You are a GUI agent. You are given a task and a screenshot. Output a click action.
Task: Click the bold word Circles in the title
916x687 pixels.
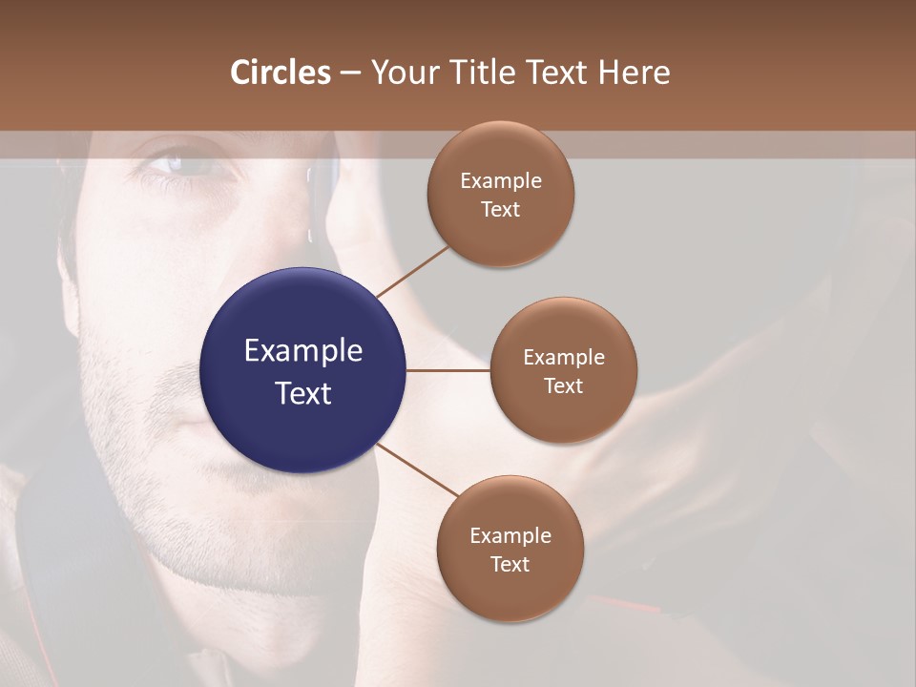coord(281,73)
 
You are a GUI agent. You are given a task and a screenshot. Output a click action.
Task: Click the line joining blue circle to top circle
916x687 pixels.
coord(412,271)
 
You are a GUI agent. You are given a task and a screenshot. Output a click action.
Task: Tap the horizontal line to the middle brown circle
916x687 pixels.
coord(448,370)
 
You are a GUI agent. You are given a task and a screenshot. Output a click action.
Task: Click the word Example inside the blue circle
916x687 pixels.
coord(303,351)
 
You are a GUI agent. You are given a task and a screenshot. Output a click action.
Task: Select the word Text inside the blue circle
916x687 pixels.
coord(303,392)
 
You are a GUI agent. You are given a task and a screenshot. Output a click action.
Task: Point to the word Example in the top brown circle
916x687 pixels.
coord(501,181)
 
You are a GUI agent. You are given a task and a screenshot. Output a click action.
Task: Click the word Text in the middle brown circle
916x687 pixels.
coord(563,385)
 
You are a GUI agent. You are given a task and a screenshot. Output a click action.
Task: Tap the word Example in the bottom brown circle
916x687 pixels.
coord(510,536)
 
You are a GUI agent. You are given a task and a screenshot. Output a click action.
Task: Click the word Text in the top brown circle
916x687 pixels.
coord(500,210)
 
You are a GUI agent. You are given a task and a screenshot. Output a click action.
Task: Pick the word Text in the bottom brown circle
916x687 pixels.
coord(510,564)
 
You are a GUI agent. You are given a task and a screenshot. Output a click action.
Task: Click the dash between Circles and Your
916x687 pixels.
coord(349,73)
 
